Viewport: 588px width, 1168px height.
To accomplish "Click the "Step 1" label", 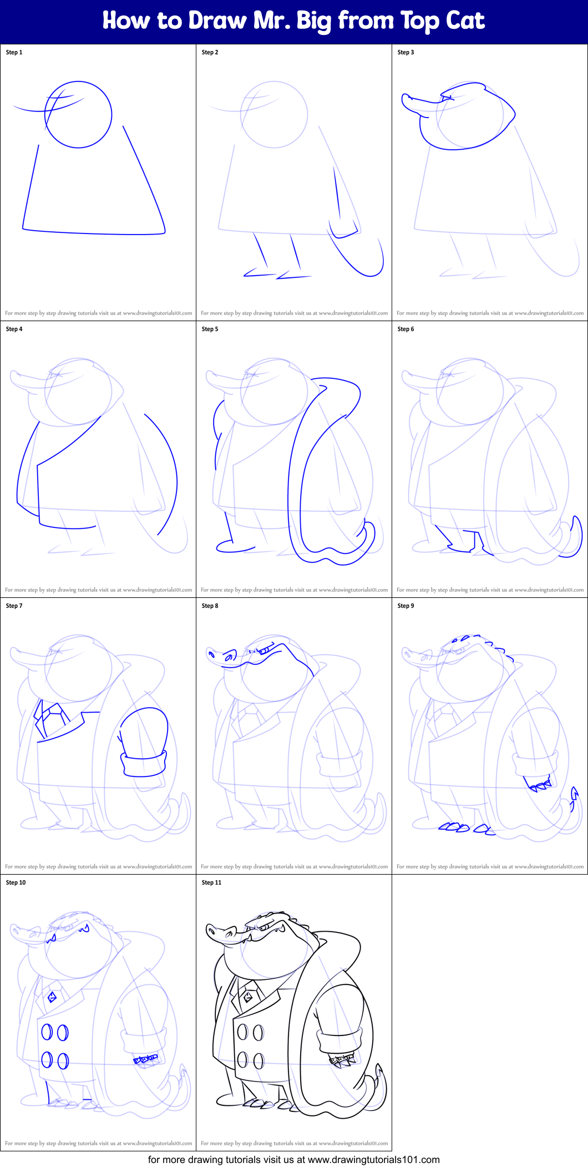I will pyautogui.click(x=14, y=52).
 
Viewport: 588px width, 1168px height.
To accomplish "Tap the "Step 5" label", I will pyautogui.click(x=210, y=329).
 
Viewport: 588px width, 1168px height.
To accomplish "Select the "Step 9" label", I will pyautogui.click(x=405, y=606).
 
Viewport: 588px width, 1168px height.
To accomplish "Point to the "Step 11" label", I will pyautogui.click(x=211, y=882).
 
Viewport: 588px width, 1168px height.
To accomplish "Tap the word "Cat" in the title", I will pyautogui.click(x=465, y=21).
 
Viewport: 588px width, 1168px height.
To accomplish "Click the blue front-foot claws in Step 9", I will pyautogui.click(x=455, y=827).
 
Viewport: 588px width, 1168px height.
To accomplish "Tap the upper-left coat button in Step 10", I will pyautogui.click(x=47, y=1032).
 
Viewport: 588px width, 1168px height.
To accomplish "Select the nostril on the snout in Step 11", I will pyautogui.click(x=211, y=930).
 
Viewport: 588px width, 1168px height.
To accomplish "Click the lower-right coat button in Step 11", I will pyautogui.click(x=258, y=1060).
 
